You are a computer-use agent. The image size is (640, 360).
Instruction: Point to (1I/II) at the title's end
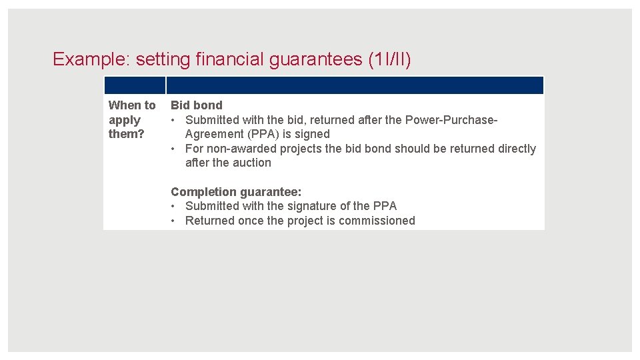pos(389,59)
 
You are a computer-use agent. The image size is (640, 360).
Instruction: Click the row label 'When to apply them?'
pos(131,119)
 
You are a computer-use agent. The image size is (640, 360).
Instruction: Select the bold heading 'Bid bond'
pos(197,105)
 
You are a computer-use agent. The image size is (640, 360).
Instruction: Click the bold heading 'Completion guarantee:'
pos(236,192)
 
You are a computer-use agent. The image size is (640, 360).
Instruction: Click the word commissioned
pos(377,221)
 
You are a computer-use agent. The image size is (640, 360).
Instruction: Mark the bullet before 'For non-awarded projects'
pos(173,149)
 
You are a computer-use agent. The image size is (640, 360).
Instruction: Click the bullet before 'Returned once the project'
pos(173,221)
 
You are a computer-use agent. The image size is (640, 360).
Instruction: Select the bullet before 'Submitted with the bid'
pos(173,120)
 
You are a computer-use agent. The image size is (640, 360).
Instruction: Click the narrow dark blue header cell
pos(134,85)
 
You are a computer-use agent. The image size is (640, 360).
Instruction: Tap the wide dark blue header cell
pos(355,85)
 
